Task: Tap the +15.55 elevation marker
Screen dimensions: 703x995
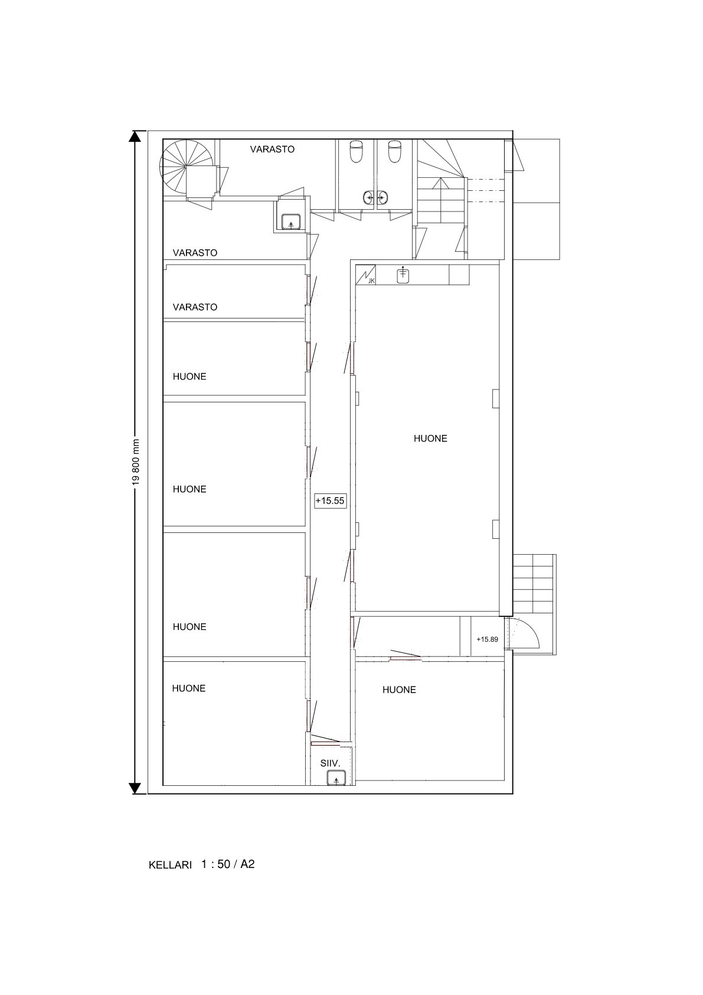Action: [330, 500]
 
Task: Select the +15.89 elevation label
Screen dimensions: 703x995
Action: [488, 639]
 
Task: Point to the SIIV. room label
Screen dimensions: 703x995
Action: [330, 763]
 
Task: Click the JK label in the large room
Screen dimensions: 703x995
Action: [371, 281]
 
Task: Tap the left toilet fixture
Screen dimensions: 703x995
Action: [357, 151]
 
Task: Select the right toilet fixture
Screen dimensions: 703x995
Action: [394, 151]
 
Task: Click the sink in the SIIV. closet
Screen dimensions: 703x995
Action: [335, 778]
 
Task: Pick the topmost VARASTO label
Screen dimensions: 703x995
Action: [272, 149]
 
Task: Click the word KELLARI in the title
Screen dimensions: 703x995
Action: [170, 865]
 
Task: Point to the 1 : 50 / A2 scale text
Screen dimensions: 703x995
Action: [228, 864]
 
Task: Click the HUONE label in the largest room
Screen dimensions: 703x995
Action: [430, 438]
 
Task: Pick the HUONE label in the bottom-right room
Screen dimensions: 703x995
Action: [399, 690]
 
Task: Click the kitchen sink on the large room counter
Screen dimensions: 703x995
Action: [403, 275]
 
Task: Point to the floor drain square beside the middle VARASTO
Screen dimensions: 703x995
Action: [290, 221]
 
